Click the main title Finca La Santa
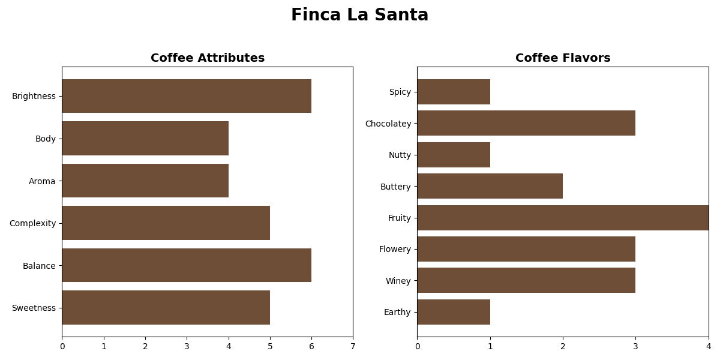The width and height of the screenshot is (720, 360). (359, 16)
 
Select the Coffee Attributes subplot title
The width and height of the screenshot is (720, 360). (208, 58)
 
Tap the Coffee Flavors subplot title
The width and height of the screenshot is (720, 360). (563, 58)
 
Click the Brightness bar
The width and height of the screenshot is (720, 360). (187, 96)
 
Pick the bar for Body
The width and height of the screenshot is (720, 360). (145, 139)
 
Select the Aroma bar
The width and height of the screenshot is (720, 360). (145, 181)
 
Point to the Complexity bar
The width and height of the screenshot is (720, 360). (166, 223)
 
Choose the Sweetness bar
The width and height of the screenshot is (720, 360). (166, 308)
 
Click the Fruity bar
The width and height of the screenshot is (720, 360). (563, 218)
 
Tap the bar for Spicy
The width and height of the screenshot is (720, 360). (454, 92)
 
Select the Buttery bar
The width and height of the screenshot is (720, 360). (490, 186)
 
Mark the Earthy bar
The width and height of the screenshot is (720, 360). (454, 312)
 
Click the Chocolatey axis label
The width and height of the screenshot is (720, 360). (388, 124)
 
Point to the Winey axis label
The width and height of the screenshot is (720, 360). (398, 281)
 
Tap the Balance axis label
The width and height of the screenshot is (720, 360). (39, 266)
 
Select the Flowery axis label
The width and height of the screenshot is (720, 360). (395, 249)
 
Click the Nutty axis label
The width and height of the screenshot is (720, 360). (400, 155)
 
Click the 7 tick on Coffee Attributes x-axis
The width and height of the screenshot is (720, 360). (353, 346)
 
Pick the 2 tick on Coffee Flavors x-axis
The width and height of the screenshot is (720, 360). (563, 346)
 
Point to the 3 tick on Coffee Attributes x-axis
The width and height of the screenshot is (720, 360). (187, 346)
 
